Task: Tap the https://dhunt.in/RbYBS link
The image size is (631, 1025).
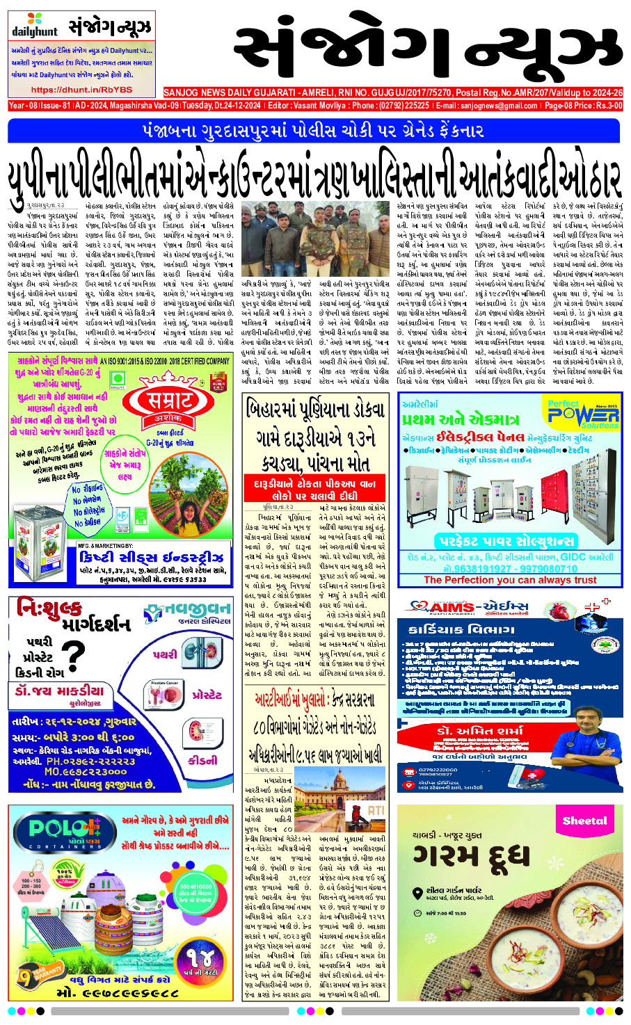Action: (x=82, y=90)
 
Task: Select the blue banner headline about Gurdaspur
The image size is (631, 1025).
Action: (x=313, y=131)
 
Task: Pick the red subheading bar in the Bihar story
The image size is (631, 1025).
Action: (x=319, y=490)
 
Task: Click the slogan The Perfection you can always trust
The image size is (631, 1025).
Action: (x=509, y=580)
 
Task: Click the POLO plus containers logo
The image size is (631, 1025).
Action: (x=66, y=830)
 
